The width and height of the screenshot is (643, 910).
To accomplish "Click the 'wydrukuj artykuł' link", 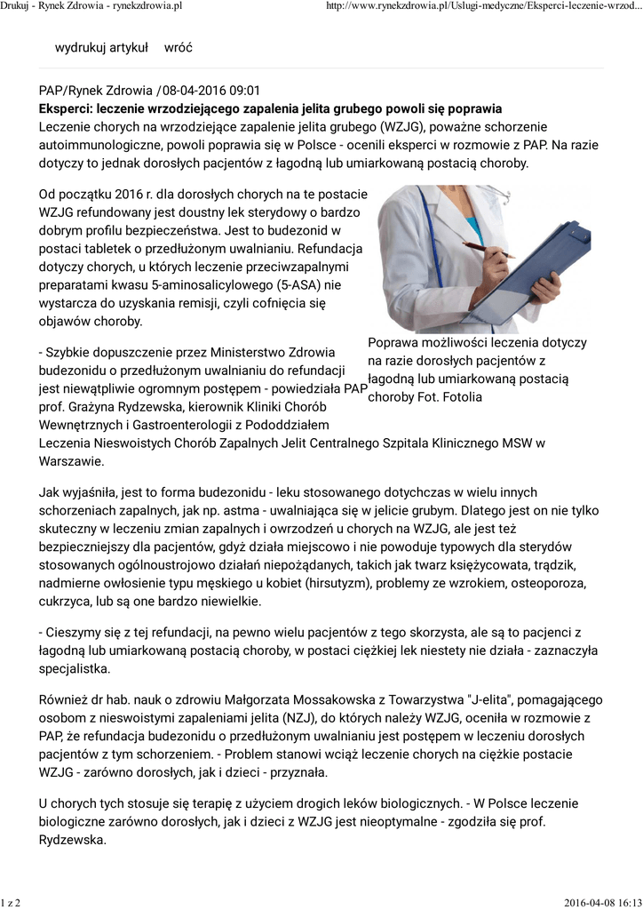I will pyautogui.click(x=101, y=47).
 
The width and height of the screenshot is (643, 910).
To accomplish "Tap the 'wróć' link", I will pyautogui.click(x=179, y=47).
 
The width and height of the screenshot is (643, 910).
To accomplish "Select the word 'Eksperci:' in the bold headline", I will pyautogui.click(x=69, y=108).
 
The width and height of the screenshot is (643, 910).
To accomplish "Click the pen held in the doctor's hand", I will pyautogui.click(x=488, y=249).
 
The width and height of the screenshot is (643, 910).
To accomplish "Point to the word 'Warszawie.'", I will pyautogui.click(x=71, y=461).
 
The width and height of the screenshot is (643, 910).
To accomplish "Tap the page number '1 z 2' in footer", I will pyautogui.click(x=12, y=903).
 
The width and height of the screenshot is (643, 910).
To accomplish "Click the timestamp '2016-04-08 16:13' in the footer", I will pyautogui.click(x=601, y=903).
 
